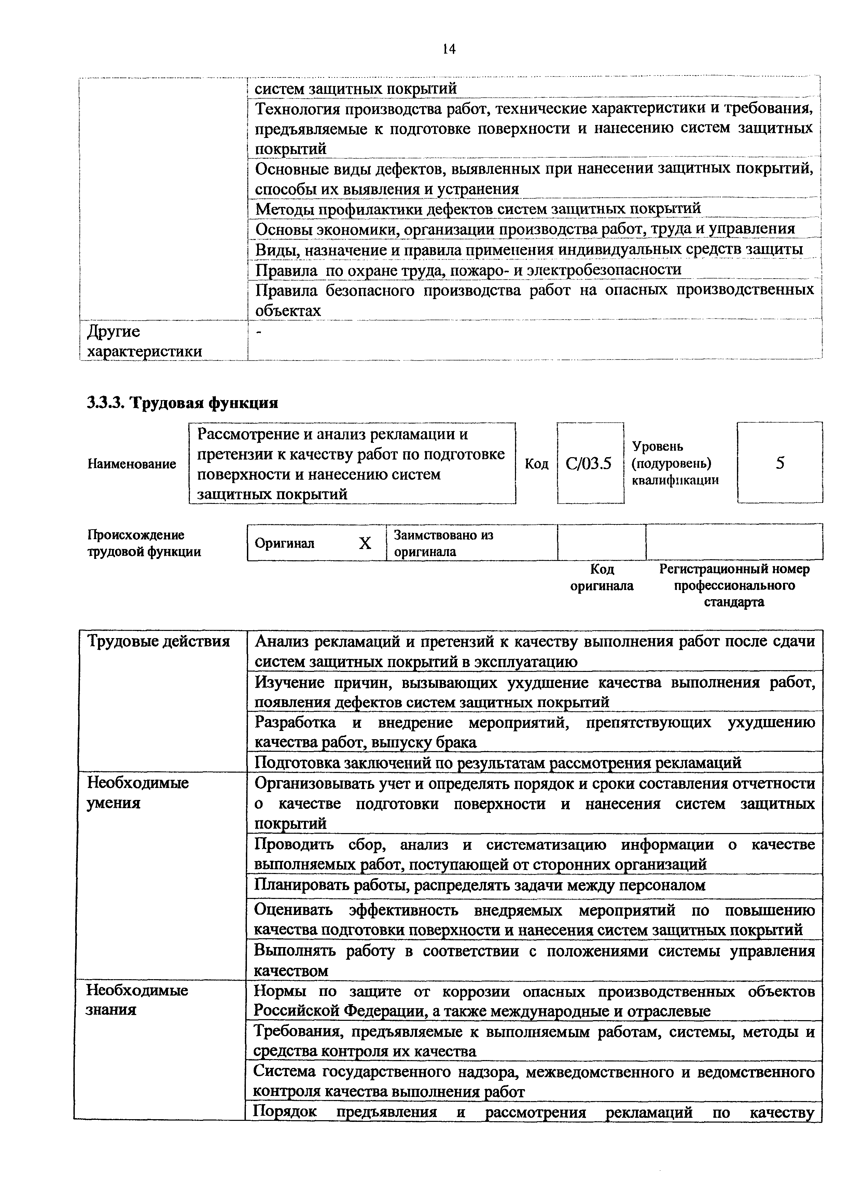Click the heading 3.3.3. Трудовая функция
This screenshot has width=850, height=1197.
coord(182,403)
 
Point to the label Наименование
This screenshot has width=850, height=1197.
coord(131,464)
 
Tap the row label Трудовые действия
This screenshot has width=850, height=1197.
coord(158,642)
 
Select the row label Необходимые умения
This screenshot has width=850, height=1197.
coord(138,792)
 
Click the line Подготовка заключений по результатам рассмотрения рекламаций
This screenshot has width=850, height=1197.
coord(498,763)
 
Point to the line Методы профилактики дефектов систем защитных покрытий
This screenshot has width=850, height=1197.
coord(477,209)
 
